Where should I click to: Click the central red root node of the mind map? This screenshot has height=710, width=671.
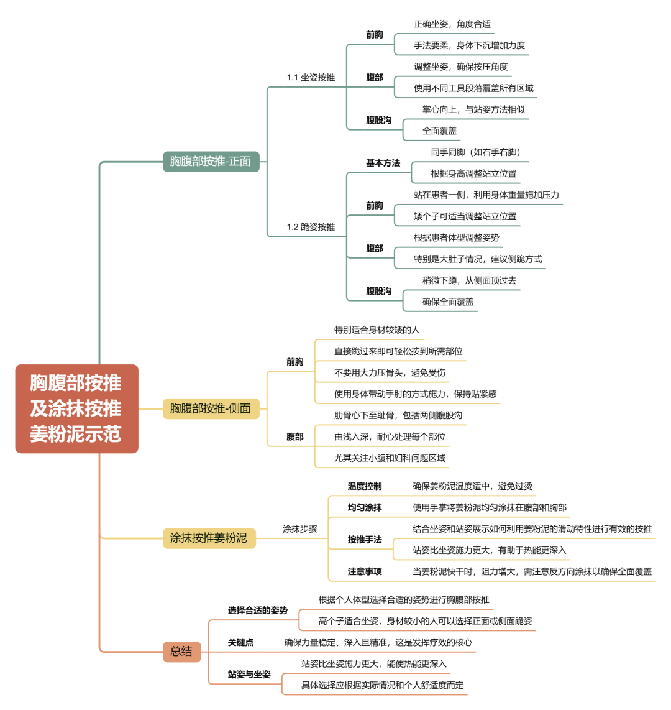coord(76,408)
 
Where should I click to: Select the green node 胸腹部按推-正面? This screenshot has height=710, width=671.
coord(211,162)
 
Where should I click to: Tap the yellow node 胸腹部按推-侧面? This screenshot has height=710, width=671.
coord(211,408)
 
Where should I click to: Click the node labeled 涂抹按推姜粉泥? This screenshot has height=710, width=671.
coord(209,538)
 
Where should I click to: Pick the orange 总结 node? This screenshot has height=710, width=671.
coord(181,652)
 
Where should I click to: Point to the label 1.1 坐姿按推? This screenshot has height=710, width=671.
coord(311,78)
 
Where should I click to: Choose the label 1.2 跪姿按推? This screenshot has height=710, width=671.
coord(311,227)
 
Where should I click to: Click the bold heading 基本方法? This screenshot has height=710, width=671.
coord(383,163)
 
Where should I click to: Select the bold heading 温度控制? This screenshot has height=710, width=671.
coord(365,486)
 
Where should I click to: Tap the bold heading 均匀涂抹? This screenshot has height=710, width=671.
coord(365,507)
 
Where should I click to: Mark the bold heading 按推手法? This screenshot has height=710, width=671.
coord(365,540)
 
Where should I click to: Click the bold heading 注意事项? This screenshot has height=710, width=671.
coord(365,571)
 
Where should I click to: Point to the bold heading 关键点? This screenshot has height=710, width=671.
coord(240,642)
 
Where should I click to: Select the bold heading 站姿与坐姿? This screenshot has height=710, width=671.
coord(249,675)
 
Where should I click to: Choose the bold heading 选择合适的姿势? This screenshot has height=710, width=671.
coord(258,611)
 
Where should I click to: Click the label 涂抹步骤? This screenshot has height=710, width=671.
coord(300,529)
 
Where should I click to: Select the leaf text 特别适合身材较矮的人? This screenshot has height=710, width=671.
coord(377,330)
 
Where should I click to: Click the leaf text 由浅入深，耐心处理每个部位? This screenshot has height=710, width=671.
coord(390,436)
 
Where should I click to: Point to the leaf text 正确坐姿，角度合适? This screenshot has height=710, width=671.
coord(452,24)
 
